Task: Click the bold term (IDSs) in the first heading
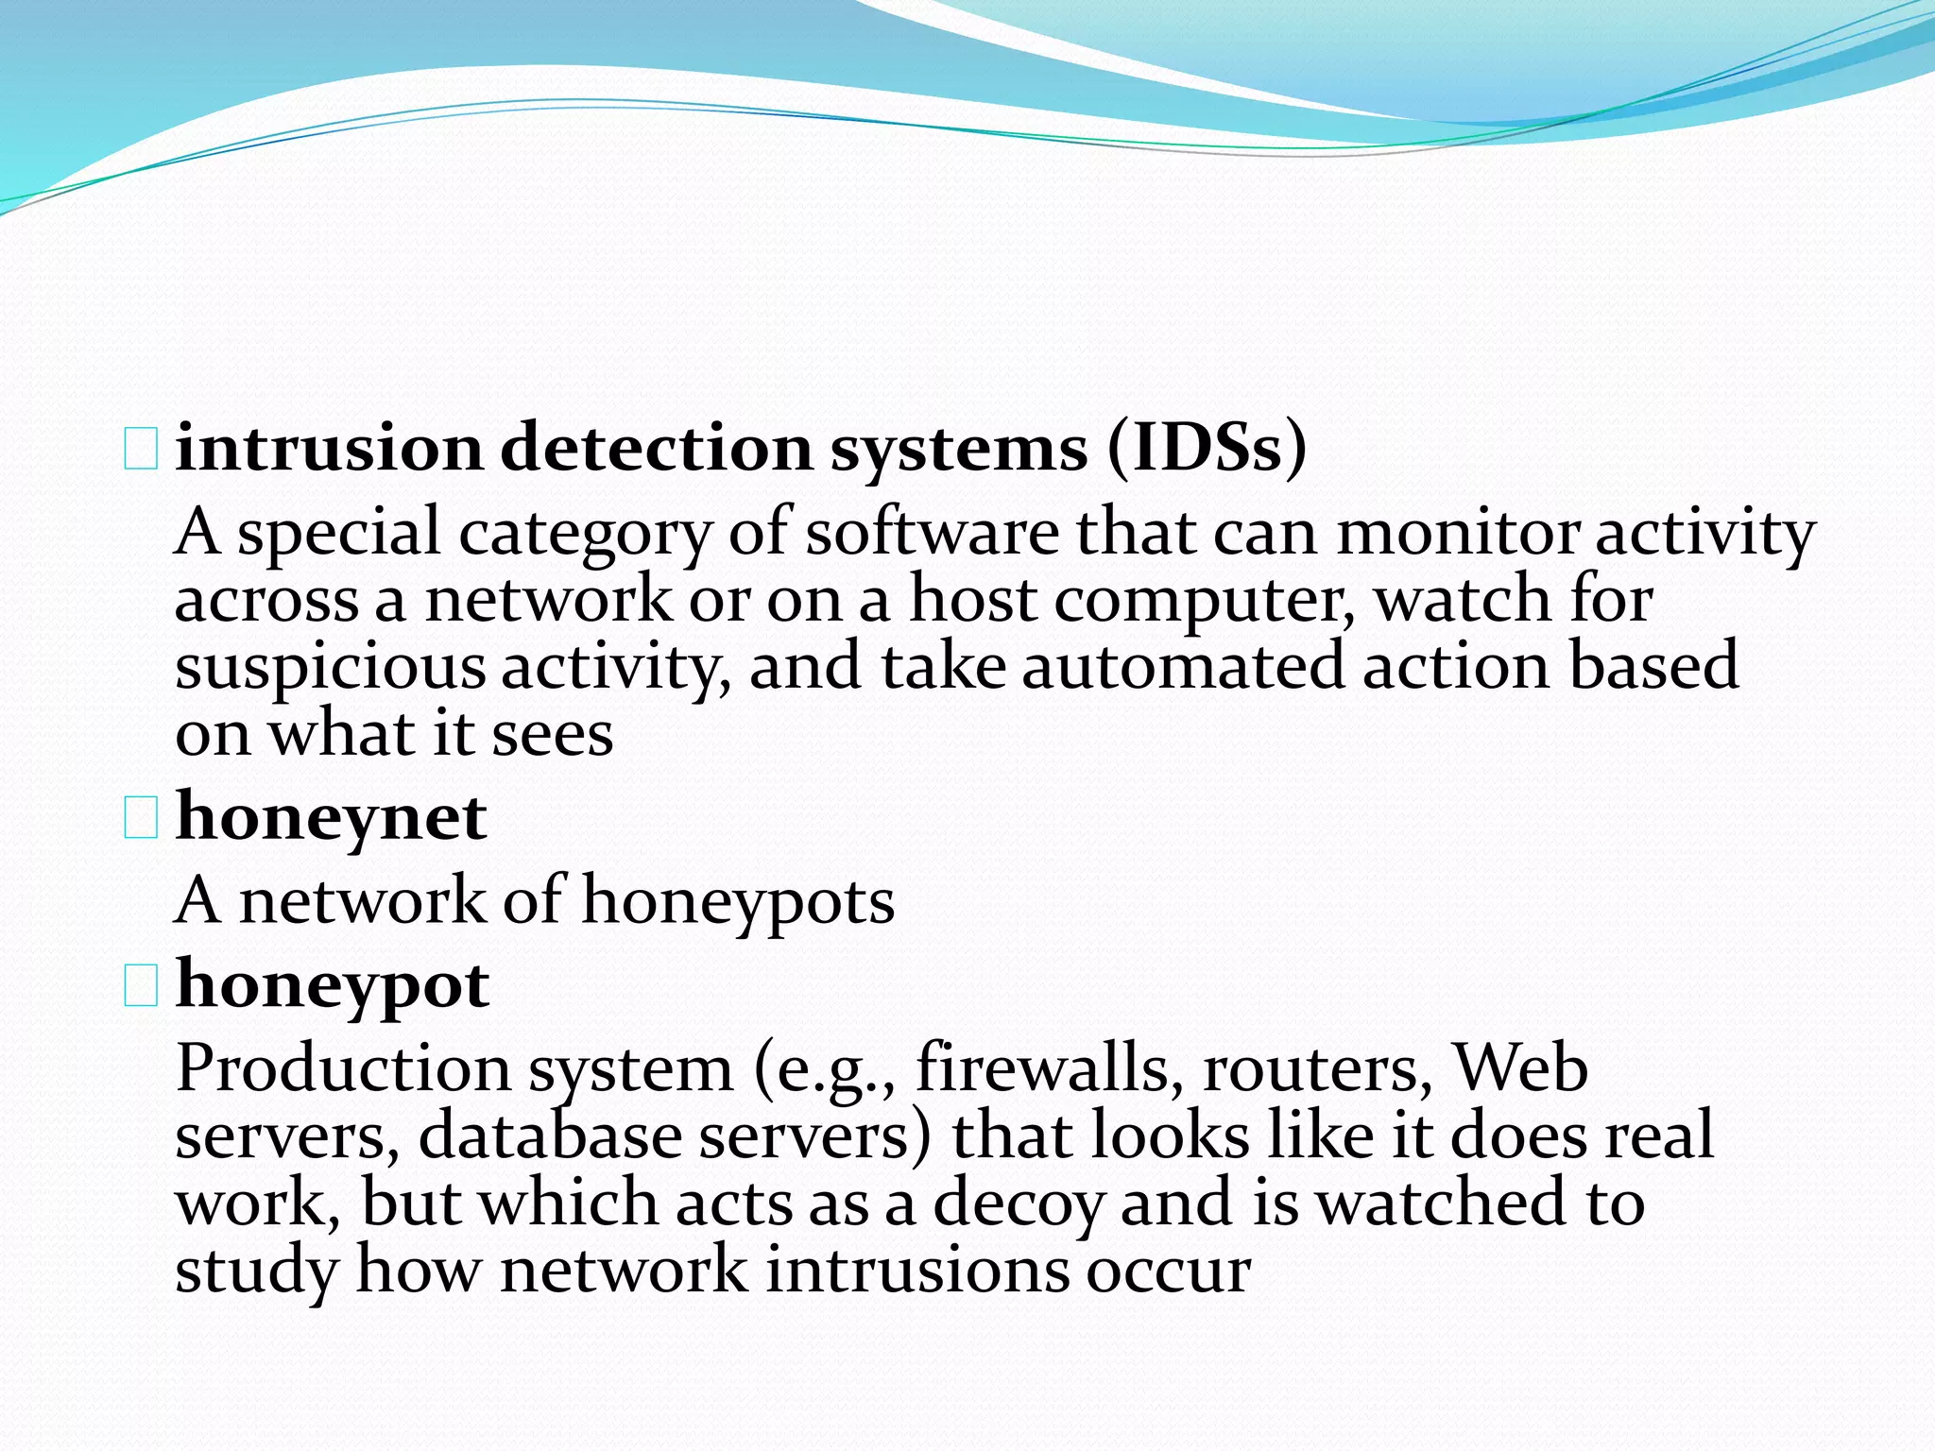pos(1207,448)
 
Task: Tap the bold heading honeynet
pos(331,818)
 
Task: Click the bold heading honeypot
pos(333,986)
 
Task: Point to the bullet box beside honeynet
pos(141,818)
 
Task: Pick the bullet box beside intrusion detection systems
pos(141,449)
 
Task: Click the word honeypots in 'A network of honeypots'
pos(738,902)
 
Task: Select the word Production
pos(343,1069)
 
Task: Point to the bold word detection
pos(656,448)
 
